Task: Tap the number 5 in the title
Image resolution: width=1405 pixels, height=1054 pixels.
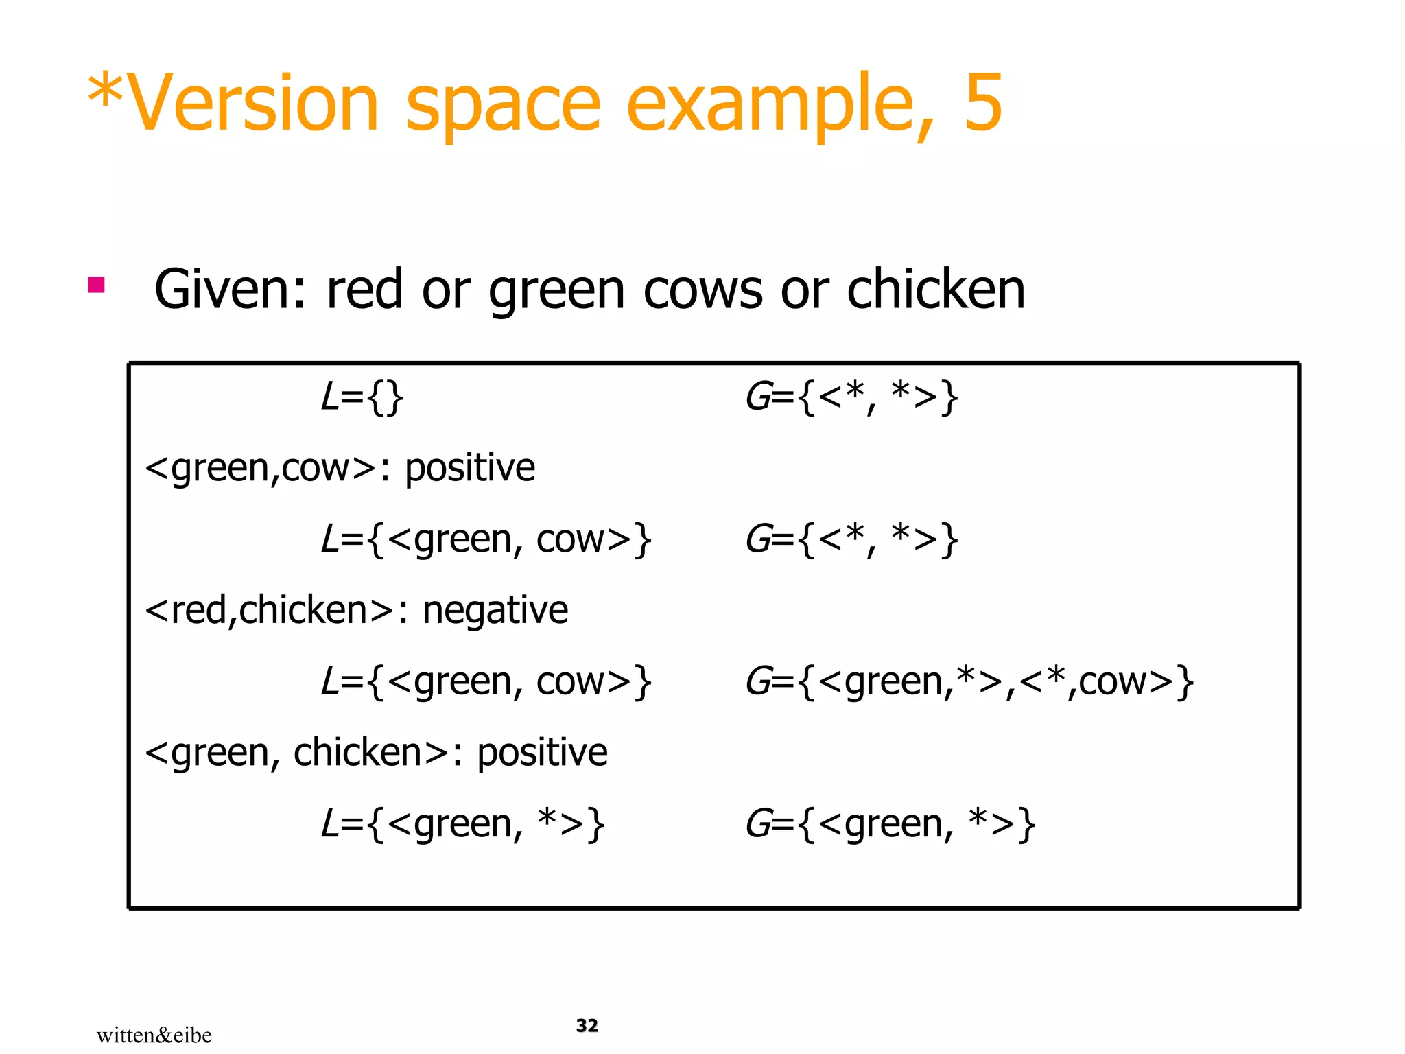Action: click(983, 103)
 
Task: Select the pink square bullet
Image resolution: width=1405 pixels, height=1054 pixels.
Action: click(97, 285)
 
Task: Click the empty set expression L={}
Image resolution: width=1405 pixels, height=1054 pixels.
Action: click(362, 397)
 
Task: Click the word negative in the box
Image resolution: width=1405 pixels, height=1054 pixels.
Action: click(495, 610)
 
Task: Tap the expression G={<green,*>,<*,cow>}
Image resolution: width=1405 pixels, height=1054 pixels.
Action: click(969, 682)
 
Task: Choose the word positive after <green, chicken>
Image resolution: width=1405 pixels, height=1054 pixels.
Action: click(542, 753)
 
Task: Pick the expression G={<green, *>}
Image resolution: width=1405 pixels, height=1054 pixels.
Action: click(890, 824)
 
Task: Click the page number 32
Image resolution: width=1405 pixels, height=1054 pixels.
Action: click(587, 1025)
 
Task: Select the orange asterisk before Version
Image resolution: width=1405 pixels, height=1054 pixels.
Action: click(106, 93)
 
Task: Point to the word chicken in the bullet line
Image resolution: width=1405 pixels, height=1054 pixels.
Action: click(936, 290)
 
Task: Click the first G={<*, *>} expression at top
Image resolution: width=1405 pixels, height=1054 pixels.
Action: click(851, 397)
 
